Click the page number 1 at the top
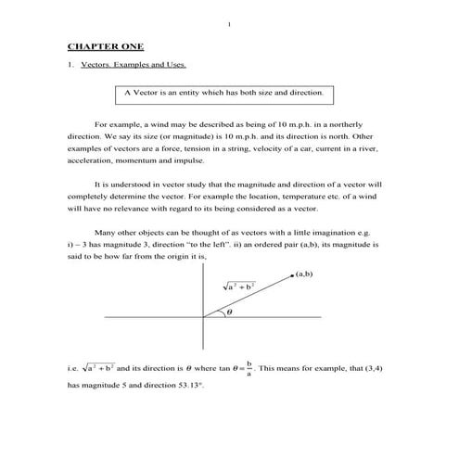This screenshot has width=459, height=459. point(228,10)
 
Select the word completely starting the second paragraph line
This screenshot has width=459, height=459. point(90,198)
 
